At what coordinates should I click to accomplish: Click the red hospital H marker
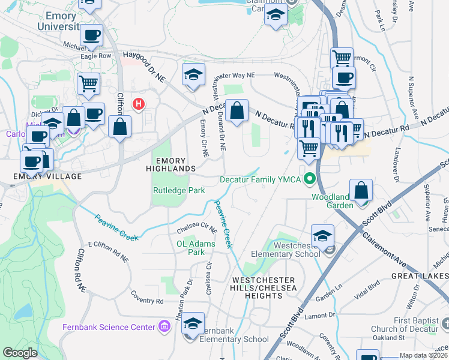point(139,104)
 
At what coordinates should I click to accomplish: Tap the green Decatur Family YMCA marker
point(310,179)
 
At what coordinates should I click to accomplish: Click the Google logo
point(20,353)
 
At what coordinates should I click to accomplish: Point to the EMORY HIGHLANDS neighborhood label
point(175,165)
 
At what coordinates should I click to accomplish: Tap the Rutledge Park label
point(178,191)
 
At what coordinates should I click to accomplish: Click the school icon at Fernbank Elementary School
point(193,323)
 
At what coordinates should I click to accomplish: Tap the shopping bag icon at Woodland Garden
point(361,191)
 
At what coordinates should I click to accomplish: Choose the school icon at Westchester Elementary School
point(322,236)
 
